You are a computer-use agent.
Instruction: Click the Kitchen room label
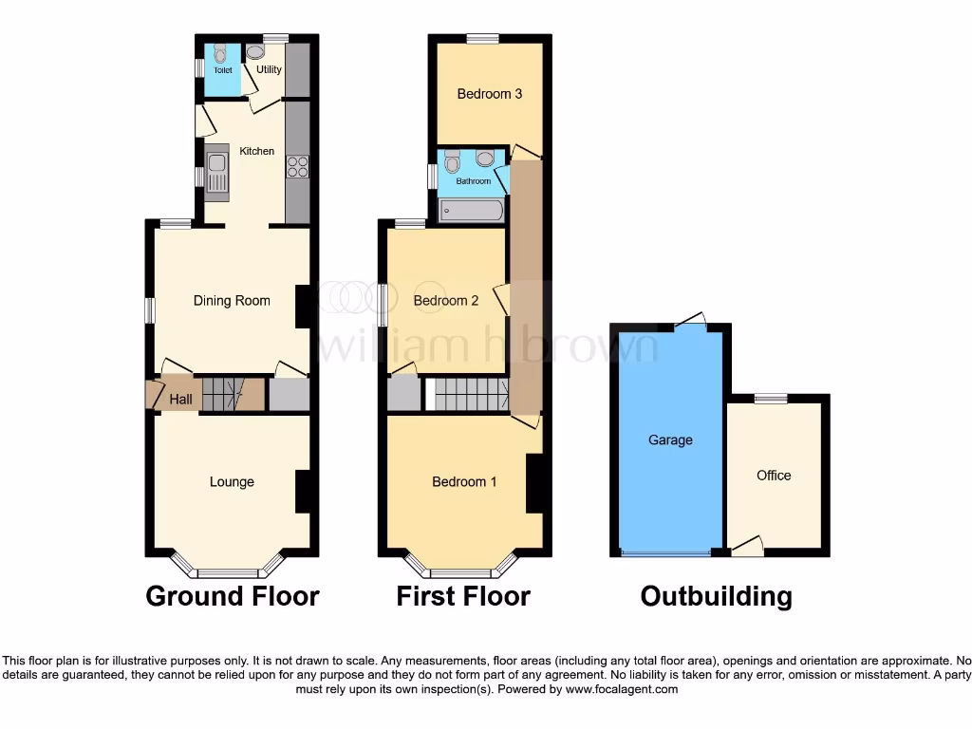click(x=256, y=151)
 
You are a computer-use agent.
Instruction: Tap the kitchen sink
click(x=217, y=174)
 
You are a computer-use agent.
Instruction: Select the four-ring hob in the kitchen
click(x=298, y=166)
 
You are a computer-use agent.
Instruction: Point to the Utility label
click(x=269, y=69)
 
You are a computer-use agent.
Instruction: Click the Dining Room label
click(x=232, y=301)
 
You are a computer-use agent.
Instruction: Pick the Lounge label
click(x=232, y=482)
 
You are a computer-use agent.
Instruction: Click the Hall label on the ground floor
click(x=181, y=400)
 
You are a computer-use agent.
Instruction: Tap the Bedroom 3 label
click(x=490, y=94)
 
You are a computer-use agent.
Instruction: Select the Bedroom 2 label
click(x=446, y=301)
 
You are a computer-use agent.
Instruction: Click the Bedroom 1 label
click(x=464, y=482)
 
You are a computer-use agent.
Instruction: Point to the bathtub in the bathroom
click(x=472, y=210)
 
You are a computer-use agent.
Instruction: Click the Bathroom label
click(x=473, y=181)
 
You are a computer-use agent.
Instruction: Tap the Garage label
click(x=670, y=440)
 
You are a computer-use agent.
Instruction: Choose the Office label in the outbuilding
click(x=774, y=476)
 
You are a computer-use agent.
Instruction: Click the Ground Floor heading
click(x=232, y=596)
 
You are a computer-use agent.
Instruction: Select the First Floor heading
click(x=463, y=596)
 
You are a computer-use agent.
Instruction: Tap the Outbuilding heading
click(x=716, y=596)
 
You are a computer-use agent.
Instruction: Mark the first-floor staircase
click(x=471, y=394)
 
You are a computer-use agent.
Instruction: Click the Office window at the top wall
click(x=771, y=399)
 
